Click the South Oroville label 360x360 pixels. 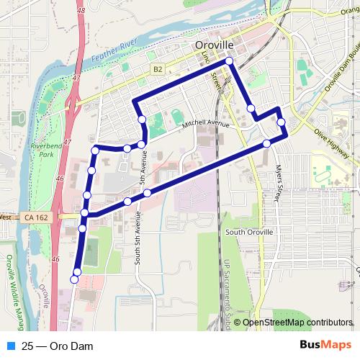click(x=249, y=233)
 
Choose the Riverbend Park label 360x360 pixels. click(x=48, y=149)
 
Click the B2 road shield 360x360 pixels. click(x=158, y=69)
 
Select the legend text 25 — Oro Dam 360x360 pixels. click(x=58, y=346)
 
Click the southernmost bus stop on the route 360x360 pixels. click(x=74, y=279)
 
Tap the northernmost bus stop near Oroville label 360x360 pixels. click(x=230, y=62)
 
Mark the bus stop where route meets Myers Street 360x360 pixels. click(x=266, y=144)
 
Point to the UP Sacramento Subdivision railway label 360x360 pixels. click(x=225, y=288)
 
